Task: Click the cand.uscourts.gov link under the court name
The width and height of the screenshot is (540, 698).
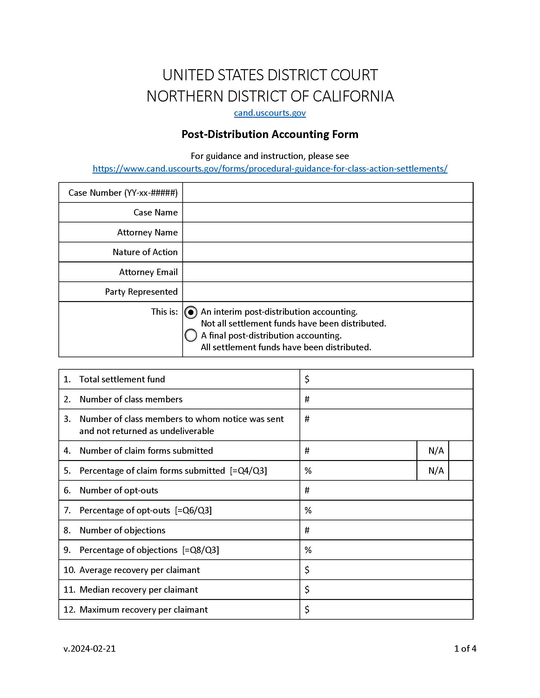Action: click(x=270, y=113)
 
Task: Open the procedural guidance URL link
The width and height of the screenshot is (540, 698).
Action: click(x=270, y=168)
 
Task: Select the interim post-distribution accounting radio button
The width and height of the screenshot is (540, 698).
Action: click(x=191, y=312)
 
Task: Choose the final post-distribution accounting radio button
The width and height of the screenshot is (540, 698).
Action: click(x=191, y=335)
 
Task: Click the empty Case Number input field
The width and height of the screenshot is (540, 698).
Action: click(x=327, y=193)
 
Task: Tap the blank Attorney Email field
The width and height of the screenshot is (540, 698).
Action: click(x=327, y=272)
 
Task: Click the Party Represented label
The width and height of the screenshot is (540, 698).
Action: click(x=141, y=292)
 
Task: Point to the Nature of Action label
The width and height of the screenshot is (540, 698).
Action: click(x=145, y=252)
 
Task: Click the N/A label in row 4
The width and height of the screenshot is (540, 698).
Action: click(x=436, y=451)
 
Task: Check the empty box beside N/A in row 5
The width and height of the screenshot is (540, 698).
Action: click(x=460, y=471)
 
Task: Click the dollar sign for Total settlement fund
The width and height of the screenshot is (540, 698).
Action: click(x=307, y=379)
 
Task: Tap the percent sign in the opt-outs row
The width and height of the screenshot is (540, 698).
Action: click(x=308, y=510)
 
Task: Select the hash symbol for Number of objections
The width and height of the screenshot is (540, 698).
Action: click(x=307, y=530)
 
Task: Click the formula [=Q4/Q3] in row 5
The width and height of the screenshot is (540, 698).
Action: click(x=248, y=471)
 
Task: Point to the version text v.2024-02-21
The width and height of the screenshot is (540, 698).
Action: click(x=90, y=649)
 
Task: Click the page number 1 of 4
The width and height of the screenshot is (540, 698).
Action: click(x=465, y=649)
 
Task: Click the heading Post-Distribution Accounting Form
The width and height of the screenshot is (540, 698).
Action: click(x=270, y=134)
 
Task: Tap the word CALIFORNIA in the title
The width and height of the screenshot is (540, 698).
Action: click(x=353, y=96)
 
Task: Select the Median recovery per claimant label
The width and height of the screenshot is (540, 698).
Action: click(x=138, y=590)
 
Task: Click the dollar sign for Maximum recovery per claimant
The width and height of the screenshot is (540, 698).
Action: click(x=307, y=609)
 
